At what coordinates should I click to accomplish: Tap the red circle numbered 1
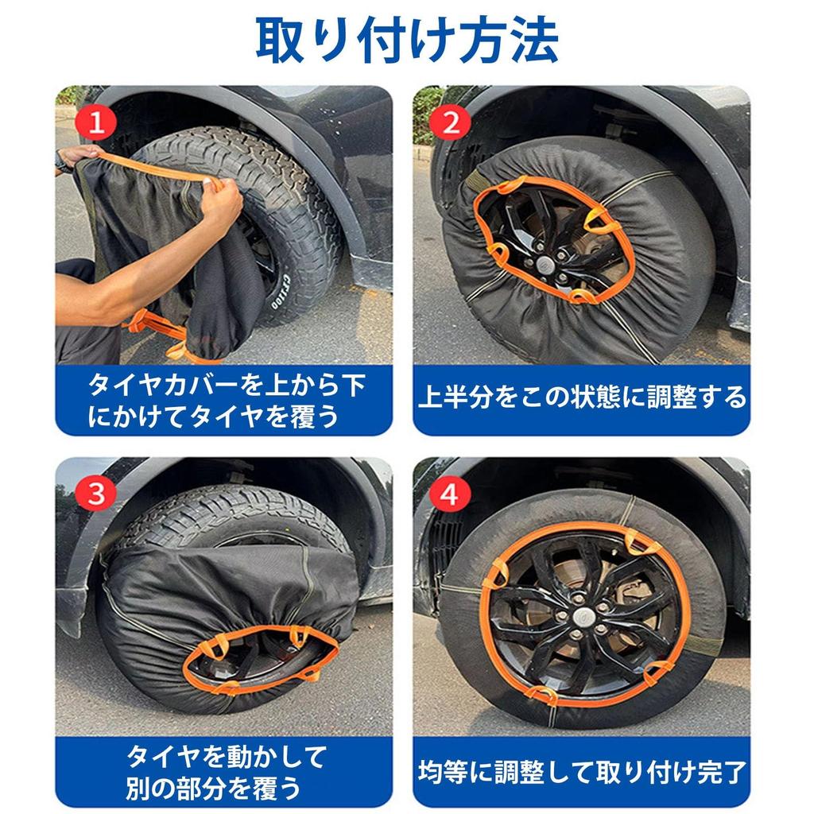[96, 123]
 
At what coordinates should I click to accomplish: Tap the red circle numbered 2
[451, 123]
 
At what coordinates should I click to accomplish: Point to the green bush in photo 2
[428, 111]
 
